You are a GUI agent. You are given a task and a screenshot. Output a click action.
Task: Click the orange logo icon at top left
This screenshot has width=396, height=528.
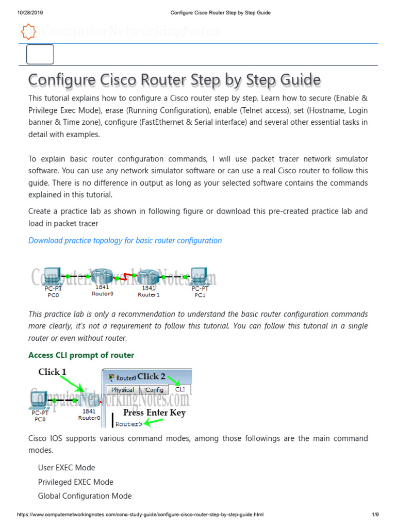(28, 32)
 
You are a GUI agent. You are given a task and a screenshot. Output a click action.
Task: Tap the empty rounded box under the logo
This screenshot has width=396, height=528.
(40, 54)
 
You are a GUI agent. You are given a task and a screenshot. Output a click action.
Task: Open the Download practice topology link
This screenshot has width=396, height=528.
(125, 240)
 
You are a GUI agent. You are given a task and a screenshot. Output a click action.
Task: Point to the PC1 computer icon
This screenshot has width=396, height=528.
(199, 276)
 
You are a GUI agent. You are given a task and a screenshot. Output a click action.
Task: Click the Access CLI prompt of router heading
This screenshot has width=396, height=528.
(81, 355)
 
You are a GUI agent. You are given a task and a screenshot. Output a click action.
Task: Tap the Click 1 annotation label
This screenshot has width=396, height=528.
(52, 372)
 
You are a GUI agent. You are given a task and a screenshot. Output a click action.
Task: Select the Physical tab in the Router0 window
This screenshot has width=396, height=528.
(122, 390)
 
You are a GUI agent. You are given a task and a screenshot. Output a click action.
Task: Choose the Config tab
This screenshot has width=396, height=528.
(154, 390)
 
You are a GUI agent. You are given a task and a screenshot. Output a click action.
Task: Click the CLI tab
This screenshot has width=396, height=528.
(180, 389)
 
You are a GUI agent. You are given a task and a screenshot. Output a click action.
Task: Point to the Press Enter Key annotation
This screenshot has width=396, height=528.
(154, 412)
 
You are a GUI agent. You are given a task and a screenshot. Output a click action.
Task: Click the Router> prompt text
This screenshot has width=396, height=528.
(129, 424)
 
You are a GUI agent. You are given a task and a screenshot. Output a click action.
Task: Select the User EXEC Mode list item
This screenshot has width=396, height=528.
(67, 468)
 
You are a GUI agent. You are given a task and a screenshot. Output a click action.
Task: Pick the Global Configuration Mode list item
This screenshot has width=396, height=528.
(85, 496)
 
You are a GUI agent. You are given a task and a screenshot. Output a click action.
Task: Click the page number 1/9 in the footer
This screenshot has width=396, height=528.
(375, 515)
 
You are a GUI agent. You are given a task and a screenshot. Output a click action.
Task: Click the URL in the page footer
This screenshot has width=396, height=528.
(140, 515)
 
